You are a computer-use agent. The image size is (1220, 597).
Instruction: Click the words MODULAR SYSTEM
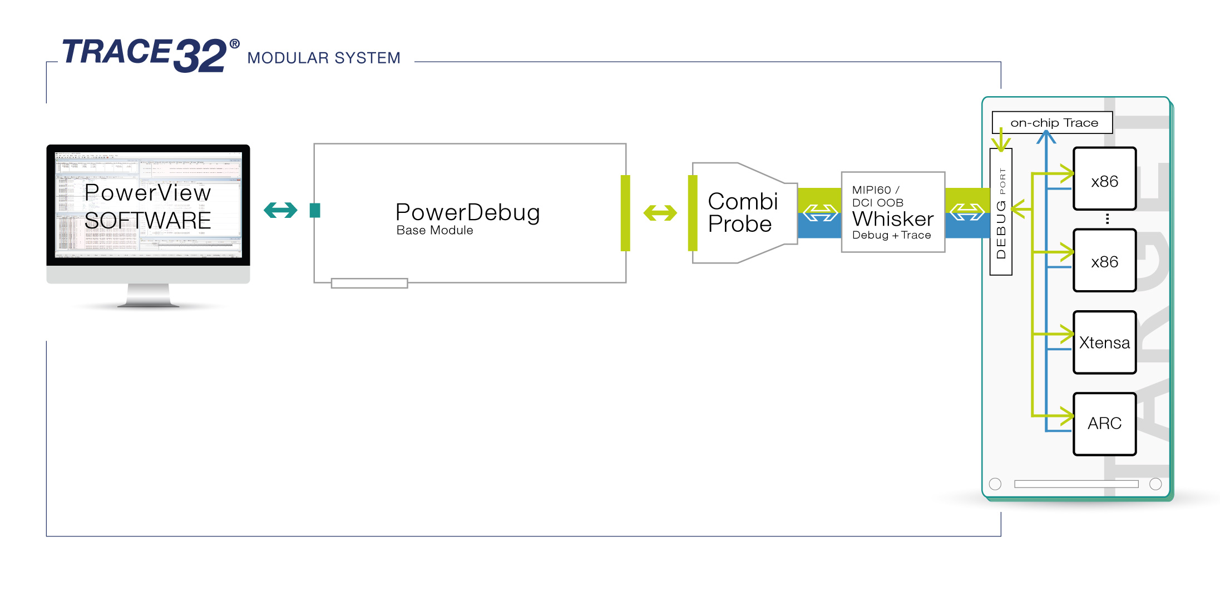pyautogui.click(x=324, y=58)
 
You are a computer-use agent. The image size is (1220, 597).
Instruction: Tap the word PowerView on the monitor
pyautogui.click(x=148, y=193)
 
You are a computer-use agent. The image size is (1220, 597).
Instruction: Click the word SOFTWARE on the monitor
pyautogui.click(x=148, y=221)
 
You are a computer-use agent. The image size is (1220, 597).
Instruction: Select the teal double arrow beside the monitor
pyautogui.click(x=280, y=210)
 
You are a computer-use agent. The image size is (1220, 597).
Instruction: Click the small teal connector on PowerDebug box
pyautogui.click(x=315, y=210)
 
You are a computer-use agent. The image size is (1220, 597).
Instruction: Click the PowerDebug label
pyautogui.click(x=467, y=212)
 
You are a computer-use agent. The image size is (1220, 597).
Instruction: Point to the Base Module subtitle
pyautogui.click(x=434, y=231)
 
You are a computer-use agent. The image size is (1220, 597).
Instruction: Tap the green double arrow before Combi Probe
pyautogui.click(x=660, y=212)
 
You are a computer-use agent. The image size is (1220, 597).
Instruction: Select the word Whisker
pyautogui.click(x=892, y=219)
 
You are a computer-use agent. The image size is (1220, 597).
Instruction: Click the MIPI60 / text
pyautogui.click(x=875, y=190)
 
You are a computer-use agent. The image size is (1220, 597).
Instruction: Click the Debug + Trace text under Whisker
pyautogui.click(x=891, y=235)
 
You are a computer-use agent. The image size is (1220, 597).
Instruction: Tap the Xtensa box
pyautogui.click(x=1104, y=342)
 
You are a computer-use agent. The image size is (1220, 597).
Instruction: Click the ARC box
pyautogui.click(x=1104, y=424)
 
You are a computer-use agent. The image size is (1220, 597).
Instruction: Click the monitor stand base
pyautogui.click(x=148, y=303)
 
